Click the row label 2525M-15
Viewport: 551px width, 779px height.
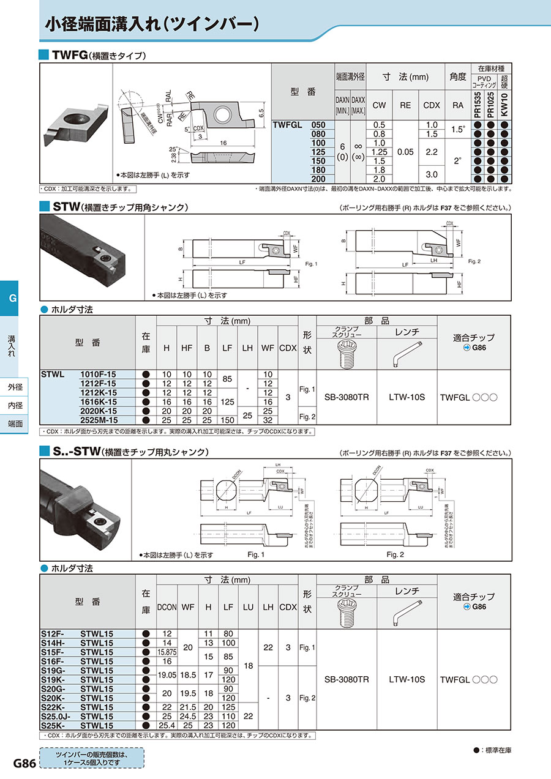point(98,420)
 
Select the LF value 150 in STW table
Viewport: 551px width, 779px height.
point(227,420)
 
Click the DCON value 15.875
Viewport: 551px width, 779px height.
point(167,652)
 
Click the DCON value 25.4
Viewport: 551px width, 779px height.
point(167,725)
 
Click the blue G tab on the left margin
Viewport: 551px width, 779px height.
point(12,299)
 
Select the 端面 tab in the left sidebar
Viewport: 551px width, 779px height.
point(15,423)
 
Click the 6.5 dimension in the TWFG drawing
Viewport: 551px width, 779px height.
point(261,114)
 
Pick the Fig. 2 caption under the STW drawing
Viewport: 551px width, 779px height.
point(476,261)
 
